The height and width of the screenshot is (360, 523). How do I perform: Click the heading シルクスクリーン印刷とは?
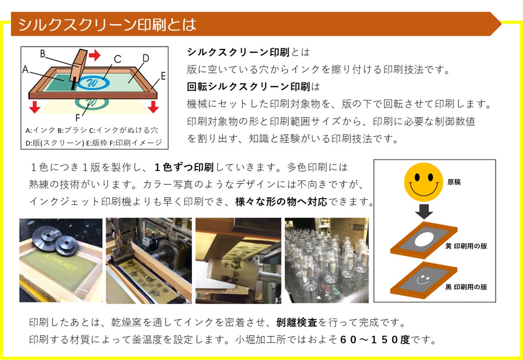[107, 24]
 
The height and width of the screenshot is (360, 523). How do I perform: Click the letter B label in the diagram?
[43, 54]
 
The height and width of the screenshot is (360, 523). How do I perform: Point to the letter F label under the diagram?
[78, 118]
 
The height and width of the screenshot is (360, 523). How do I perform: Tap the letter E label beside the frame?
[163, 76]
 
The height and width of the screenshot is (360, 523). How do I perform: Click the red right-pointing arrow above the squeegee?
[94, 55]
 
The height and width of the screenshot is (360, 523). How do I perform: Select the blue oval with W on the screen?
[94, 82]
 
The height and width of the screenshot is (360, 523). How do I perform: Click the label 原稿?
[454, 182]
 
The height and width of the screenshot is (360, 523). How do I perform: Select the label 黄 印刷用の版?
[466, 246]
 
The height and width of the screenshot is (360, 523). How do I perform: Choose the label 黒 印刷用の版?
[466, 287]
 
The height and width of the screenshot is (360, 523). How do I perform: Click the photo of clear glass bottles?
[327, 260]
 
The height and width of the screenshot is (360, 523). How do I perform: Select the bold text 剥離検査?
[297, 323]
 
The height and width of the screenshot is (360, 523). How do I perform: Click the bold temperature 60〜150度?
[376, 340]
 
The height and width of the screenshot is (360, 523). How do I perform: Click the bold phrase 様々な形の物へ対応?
[281, 202]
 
